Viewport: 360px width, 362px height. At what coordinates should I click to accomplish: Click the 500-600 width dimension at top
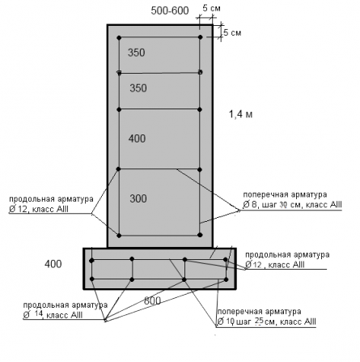tap(170, 11)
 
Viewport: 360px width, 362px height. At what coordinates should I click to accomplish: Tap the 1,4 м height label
tap(241, 114)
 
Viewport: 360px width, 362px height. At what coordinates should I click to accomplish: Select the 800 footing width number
tap(152, 300)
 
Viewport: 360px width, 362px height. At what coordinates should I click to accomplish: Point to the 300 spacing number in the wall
tap(138, 198)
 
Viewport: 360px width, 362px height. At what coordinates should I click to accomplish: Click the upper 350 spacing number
tap(137, 53)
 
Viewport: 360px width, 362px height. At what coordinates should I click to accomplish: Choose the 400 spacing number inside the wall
tap(137, 138)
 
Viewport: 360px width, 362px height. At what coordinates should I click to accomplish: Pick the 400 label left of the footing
tap(53, 264)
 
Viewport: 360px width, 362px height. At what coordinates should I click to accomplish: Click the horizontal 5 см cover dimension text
tap(212, 8)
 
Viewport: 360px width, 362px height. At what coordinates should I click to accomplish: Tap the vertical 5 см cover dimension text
tap(232, 32)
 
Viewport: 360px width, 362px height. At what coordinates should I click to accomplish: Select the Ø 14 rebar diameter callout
tap(33, 315)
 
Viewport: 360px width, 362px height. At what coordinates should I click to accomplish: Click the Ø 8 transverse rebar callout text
tap(250, 205)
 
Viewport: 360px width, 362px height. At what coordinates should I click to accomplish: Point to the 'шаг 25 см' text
tap(256, 322)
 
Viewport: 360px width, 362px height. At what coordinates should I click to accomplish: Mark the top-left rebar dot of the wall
tap(120, 37)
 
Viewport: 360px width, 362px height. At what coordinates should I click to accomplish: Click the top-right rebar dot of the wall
tap(200, 37)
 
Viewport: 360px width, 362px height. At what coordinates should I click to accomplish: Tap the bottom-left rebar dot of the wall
tap(119, 236)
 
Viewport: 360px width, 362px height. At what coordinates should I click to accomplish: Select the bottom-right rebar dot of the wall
tap(200, 235)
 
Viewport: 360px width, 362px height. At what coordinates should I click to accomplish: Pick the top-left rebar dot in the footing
tap(91, 261)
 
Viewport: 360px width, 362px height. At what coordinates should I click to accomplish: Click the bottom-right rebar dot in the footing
tap(226, 279)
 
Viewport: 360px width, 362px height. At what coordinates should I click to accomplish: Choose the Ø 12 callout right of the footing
tap(253, 265)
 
